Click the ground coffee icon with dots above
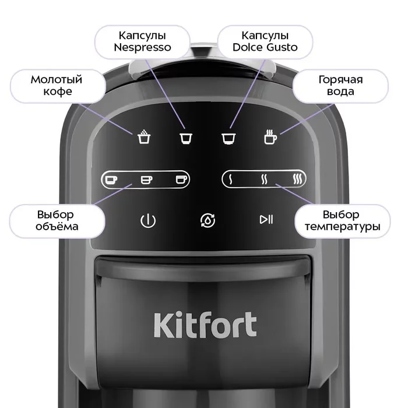coord(144,136)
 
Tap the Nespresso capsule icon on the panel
coord(186,138)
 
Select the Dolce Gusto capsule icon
coord(228,139)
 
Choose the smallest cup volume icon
coord(111,180)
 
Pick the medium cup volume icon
coord(146,180)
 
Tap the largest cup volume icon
coord(181,180)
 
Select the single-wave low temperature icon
coord(230,180)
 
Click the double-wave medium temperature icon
coord(264,180)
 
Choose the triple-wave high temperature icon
coord(297,180)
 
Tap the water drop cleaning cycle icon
coord(207,221)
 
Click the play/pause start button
coord(266,219)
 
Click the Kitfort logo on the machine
coord(205,325)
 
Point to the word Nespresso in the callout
coord(142,47)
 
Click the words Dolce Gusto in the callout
coord(265,47)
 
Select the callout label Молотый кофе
coord(57,86)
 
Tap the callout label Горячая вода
coord(340,86)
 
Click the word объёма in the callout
coord(57,226)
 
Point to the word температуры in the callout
coord(343,227)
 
